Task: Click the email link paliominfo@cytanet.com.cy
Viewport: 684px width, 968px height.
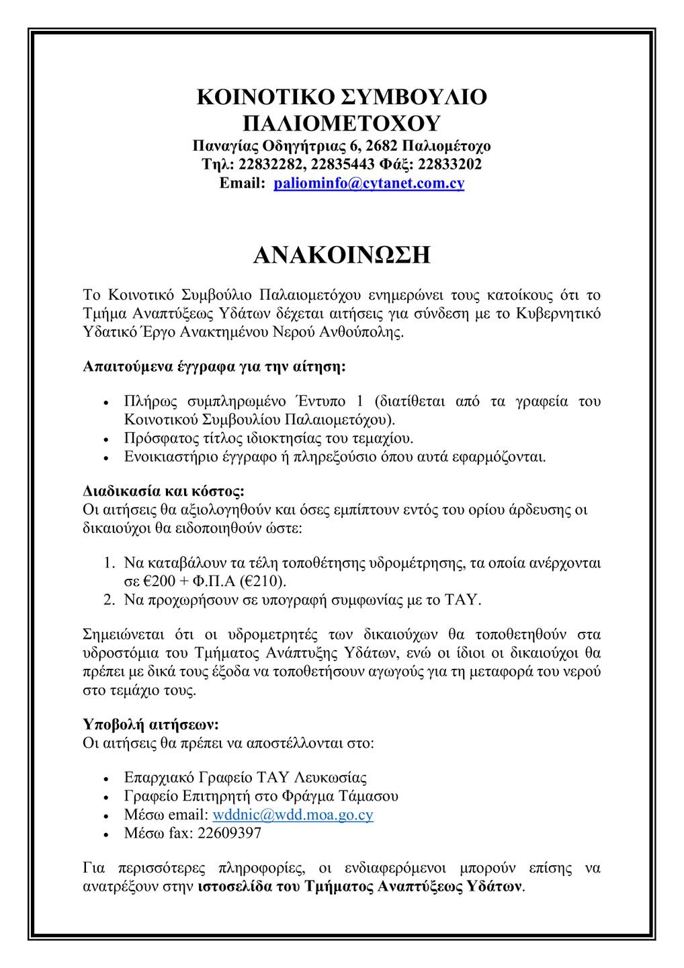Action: point(369,184)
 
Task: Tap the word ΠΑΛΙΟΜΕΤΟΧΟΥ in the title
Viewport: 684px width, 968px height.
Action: point(341,123)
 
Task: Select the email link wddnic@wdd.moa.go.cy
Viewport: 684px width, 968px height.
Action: point(292,815)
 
